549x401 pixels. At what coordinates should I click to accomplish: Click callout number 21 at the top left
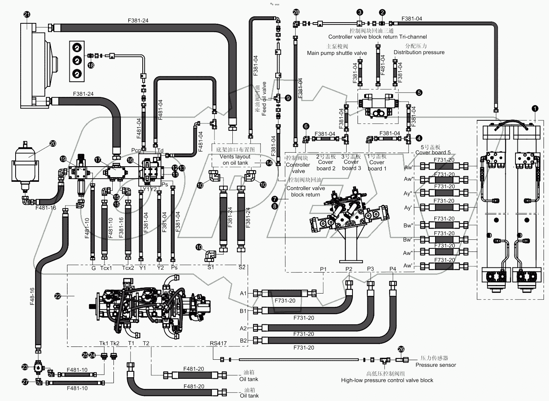[27, 15]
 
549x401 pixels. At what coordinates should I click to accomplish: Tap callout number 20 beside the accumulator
[53, 143]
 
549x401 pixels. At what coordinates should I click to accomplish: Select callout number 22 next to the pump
[58, 297]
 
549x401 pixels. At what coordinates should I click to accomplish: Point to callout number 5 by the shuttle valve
[419, 93]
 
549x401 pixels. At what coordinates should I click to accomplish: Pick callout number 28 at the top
[296, 12]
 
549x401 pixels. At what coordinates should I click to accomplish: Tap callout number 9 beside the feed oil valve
[288, 98]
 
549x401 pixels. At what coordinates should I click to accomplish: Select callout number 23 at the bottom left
[25, 367]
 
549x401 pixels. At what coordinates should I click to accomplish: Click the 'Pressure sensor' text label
[436, 365]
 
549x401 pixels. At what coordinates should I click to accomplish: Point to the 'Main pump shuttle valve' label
[337, 53]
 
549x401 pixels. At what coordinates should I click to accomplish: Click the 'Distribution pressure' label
[419, 52]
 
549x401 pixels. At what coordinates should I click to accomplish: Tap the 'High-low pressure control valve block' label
[387, 380]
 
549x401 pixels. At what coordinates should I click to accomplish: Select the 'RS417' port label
[218, 343]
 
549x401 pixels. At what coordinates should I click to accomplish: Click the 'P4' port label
[393, 269]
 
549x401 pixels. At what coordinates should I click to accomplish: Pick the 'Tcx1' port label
[106, 268]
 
